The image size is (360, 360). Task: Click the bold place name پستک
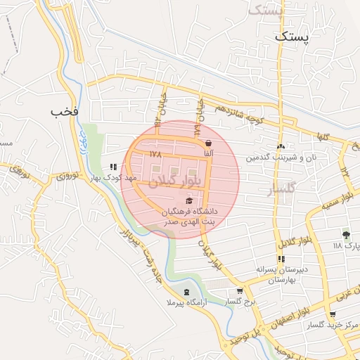[291, 36]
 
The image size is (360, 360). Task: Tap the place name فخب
[64, 111]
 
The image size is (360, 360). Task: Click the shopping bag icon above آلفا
[208, 143]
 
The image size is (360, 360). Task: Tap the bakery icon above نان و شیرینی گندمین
[281, 146]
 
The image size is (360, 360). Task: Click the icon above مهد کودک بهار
[114, 167]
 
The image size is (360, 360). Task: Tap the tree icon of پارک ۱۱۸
[346, 235]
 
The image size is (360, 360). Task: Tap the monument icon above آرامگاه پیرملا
[186, 292]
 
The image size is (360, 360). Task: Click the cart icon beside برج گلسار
[240, 291]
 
